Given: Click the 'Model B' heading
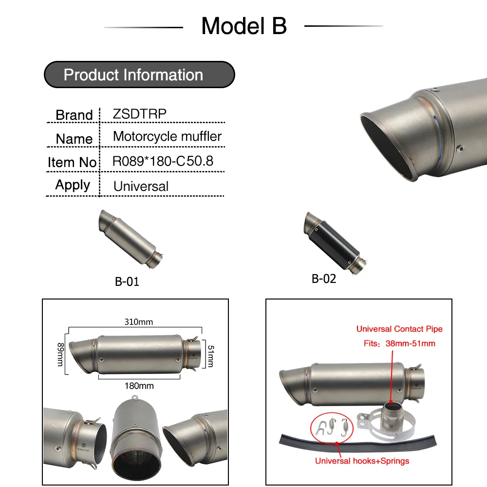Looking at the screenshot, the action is (x=244, y=26).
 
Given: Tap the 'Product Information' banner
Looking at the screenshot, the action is (x=139, y=75).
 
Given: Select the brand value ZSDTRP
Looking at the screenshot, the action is (x=139, y=114).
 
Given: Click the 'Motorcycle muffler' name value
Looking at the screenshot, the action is (x=167, y=136).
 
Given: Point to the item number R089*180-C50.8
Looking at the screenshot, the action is (x=163, y=161).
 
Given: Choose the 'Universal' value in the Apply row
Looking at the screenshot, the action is (x=141, y=187).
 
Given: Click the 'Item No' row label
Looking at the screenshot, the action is (x=72, y=162).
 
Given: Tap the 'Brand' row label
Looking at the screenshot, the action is (x=74, y=115).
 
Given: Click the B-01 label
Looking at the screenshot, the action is (x=127, y=281).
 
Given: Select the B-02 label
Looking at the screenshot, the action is (x=324, y=279).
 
